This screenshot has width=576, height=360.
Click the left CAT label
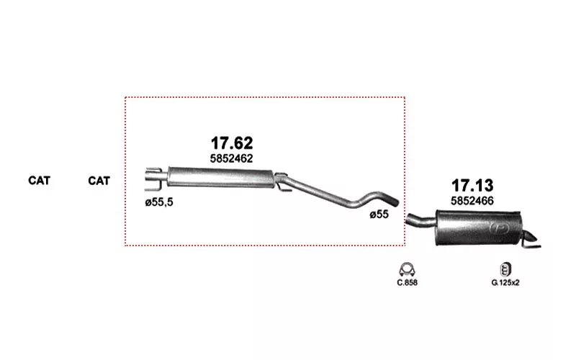39,181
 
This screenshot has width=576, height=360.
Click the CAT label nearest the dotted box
99,181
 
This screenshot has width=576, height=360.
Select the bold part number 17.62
232,143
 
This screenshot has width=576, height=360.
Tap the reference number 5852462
231,158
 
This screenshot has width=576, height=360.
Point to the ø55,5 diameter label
159,202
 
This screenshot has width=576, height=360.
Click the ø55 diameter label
379,214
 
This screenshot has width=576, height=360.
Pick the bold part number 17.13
472,186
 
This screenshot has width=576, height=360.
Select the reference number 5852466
472,201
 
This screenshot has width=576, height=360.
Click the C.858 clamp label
407,282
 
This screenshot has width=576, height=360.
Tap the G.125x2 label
505,282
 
